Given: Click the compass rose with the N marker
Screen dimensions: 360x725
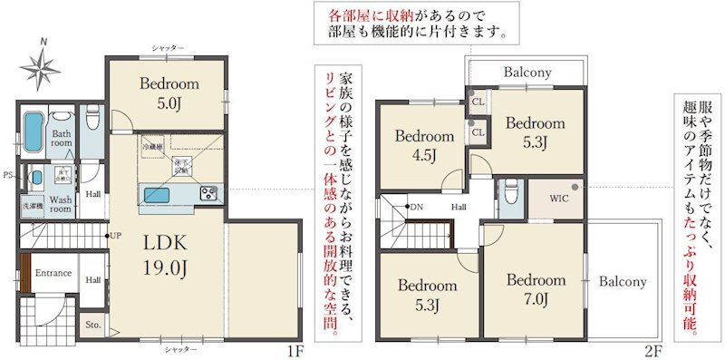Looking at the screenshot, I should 42,64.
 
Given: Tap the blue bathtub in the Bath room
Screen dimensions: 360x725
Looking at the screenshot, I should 32,132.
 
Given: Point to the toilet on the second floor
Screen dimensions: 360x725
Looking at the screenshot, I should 510,192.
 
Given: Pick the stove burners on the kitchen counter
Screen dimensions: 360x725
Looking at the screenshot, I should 208,193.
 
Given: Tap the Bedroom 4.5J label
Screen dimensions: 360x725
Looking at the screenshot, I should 424,145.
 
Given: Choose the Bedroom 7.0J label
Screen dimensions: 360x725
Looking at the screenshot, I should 536,289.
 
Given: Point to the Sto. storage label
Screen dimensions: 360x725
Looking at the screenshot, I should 92,322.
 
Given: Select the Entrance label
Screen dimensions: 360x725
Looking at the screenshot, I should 53,273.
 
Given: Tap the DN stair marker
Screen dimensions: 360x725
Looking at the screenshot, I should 416,207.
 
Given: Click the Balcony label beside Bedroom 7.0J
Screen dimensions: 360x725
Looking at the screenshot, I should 623,282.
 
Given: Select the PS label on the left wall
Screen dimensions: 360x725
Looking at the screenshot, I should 7,175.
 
